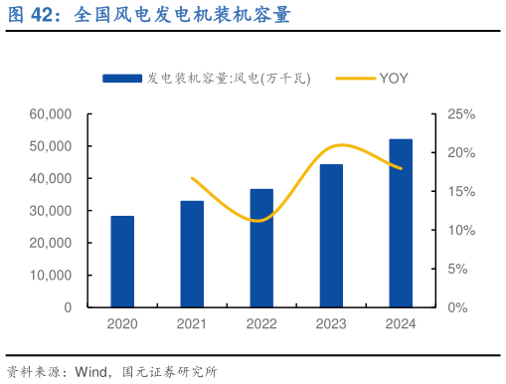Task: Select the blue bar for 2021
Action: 192,255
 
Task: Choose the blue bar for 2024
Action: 401,224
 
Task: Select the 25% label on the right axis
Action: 461,114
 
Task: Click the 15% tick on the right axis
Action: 461,192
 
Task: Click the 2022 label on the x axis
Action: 261,324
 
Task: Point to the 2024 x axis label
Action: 401,324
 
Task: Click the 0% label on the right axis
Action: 457,307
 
